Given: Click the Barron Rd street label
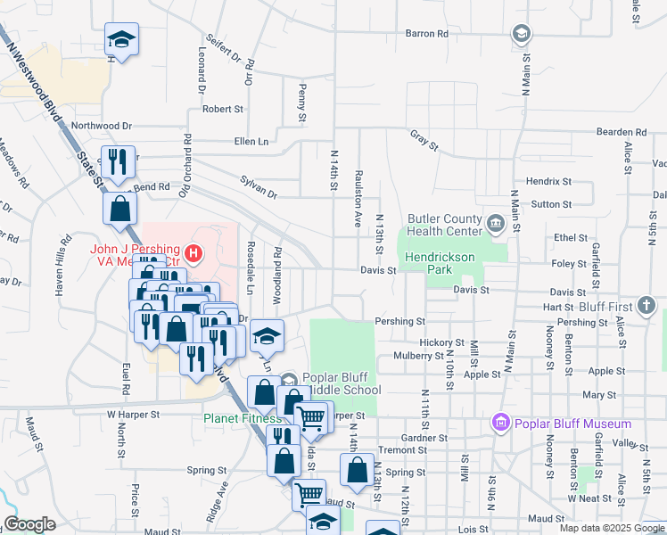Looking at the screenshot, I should (427, 34).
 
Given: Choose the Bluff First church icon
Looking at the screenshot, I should (646, 306).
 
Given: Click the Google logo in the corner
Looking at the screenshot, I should (29, 524).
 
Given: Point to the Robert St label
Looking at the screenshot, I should (223, 110).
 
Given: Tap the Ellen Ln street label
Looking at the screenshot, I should (251, 141).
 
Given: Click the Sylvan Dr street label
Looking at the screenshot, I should (259, 193).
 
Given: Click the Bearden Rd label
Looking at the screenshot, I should (621, 131).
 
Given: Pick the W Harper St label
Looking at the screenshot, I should (133, 415).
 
